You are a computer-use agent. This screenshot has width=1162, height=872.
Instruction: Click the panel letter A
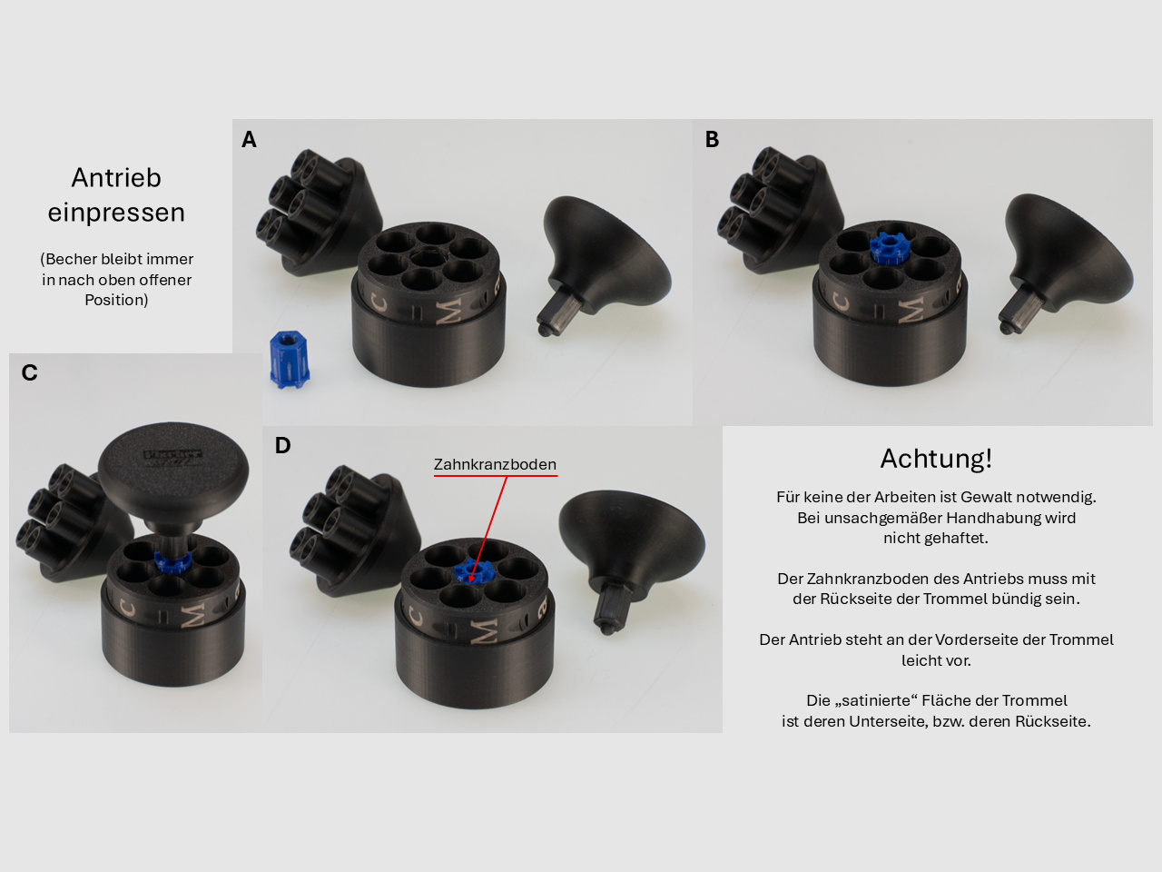point(249,139)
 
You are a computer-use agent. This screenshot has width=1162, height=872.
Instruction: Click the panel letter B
point(712,139)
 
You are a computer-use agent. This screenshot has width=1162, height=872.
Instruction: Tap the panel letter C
point(29,372)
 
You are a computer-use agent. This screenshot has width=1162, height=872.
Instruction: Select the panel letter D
point(282,445)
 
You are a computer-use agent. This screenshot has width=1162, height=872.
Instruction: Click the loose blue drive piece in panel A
point(289,360)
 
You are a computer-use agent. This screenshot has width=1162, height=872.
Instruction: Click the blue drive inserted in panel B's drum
point(889,250)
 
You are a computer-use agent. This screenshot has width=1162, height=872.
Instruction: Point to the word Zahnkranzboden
point(495,464)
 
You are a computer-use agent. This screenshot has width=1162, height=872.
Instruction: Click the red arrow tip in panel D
point(470,580)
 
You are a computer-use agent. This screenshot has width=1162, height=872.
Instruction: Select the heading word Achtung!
point(936,459)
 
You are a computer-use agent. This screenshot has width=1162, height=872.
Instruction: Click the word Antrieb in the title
point(116,177)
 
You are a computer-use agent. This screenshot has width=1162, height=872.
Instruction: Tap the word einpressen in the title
point(116,213)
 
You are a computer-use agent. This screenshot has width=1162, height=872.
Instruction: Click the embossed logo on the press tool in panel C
point(172,458)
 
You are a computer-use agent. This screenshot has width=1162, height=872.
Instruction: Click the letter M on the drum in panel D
point(485,631)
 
